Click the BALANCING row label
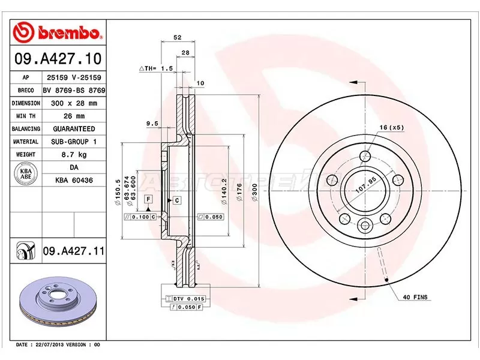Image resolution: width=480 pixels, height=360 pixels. [x=26, y=129]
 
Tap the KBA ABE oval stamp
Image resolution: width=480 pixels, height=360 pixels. [x=26, y=174]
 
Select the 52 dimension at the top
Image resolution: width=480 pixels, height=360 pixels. [x=178, y=38]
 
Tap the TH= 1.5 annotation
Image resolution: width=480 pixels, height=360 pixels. [x=157, y=69]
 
